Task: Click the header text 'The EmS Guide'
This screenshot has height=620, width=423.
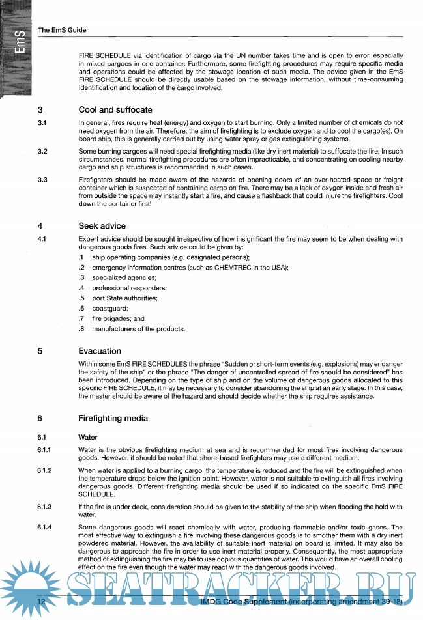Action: (x=63, y=30)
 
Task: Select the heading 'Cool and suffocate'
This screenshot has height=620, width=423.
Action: (x=115, y=110)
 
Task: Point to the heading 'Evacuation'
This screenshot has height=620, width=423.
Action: (x=100, y=350)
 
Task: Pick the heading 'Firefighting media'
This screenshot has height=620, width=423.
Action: (x=113, y=418)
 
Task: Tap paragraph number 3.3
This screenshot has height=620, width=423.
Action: (x=42, y=179)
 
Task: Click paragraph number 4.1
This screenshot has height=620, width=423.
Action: (x=42, y=239)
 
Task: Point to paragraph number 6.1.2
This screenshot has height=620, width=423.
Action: (x=45, y=470)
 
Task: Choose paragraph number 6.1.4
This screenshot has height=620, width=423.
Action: (x=45, y=527)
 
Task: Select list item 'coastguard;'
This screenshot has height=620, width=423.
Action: (x=110, y=308)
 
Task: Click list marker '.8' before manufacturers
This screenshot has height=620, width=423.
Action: (x=82, y=328)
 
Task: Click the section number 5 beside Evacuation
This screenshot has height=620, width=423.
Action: (x=40, y=351)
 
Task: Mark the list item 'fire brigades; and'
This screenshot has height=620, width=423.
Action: (x=118, y=318)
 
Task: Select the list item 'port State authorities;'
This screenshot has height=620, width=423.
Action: (x=124, y=298)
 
